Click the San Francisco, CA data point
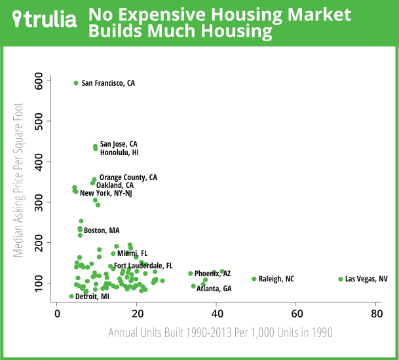click(x=76, y=83)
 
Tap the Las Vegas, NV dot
click(x=341, y=279)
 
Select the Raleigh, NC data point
click(x=254, y=279)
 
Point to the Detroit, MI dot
click(x=71, y=297)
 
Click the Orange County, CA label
click(x=128, y=177)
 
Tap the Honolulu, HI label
click(x=119, y=153)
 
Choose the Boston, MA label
click(x=102, y=230)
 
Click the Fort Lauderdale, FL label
click(x=143, y=266)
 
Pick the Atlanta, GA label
click(x=214, y=289)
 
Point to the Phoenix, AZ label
click(x=212, y=274)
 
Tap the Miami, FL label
click(x=132, y=253)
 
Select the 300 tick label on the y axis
click(x=42, y=202)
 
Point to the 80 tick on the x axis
click(x=376, y=313)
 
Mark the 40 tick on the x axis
click(x=216, y=313)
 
